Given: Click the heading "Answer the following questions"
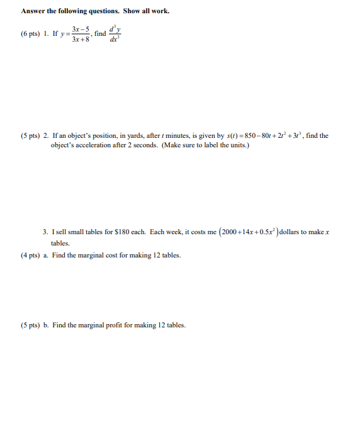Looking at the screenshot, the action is coord(70,11).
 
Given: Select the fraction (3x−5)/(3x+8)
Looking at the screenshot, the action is coord(80,34).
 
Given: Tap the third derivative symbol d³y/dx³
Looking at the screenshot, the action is coord(114,34).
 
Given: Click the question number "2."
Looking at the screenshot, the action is coord(46,135).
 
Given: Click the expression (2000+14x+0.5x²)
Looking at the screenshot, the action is coord(248,232).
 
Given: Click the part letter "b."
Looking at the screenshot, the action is coord(46,325).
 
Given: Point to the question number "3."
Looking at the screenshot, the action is coord(45,232).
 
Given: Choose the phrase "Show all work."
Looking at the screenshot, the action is coord(147,11).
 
